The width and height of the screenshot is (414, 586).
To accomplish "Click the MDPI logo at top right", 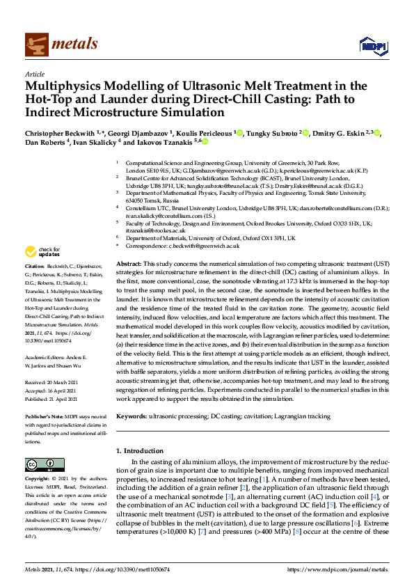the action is (x=371, y=46).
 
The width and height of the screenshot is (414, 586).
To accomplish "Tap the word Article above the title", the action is (x=34, y=74).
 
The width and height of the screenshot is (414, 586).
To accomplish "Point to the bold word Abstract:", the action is (x=129, y=265).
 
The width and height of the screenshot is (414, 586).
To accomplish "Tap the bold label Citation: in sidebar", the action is (x=36, y=266).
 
